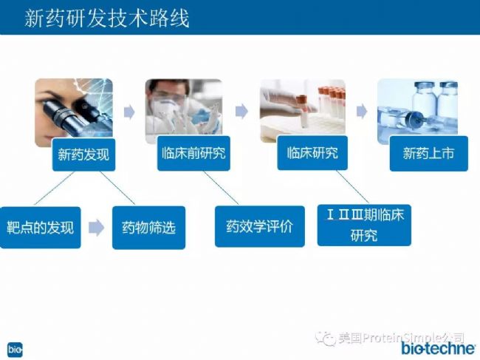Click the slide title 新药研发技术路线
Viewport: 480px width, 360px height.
coord(107,18)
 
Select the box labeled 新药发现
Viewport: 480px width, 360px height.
coord(83,154)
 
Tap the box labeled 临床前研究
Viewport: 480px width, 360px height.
coord(193,153)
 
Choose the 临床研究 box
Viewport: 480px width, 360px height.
coord(312,152)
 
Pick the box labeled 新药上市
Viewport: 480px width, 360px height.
coord(428,153)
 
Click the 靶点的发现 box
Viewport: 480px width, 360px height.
coord(40,228)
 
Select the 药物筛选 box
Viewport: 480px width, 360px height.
coord(148,228)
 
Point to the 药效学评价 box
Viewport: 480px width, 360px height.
coord(260,226)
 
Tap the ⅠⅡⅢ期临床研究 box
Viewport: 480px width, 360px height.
coord(364,225)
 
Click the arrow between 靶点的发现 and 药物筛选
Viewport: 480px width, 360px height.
coord(97,228)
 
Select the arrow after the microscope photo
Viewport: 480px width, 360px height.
coord(129,112)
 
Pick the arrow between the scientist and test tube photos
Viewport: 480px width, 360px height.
coord(241,111)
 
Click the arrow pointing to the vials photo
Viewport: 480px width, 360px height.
coord(362,111)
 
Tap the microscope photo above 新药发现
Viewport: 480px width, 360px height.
coord(74,112)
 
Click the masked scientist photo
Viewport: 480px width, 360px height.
coord(184,110)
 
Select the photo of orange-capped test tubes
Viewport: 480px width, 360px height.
coord(303,110)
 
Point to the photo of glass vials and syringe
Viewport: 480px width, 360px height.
coord(417,110)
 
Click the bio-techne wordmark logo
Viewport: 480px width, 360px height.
coord(439,348)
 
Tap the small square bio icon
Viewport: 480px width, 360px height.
coord(15,350)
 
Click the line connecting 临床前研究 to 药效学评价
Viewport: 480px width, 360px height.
coord(221,188)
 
